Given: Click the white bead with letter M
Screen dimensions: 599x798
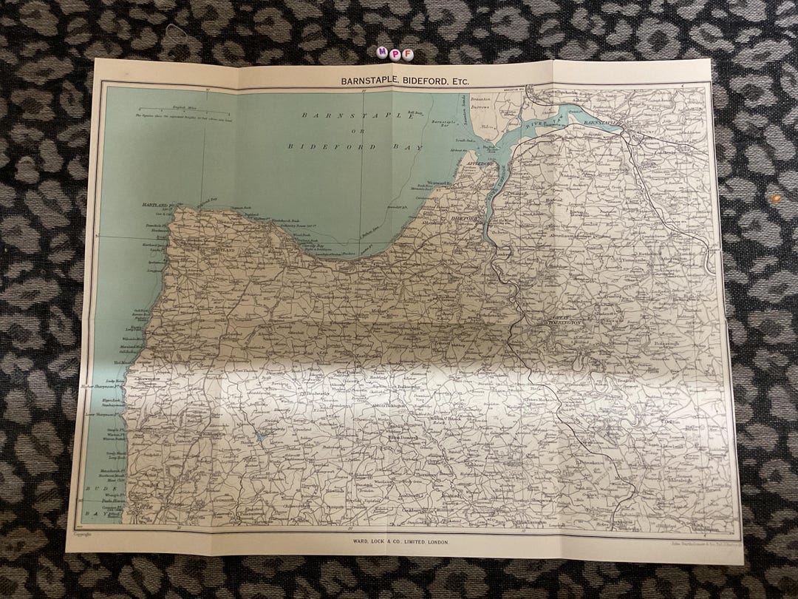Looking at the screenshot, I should pos(382,53).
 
